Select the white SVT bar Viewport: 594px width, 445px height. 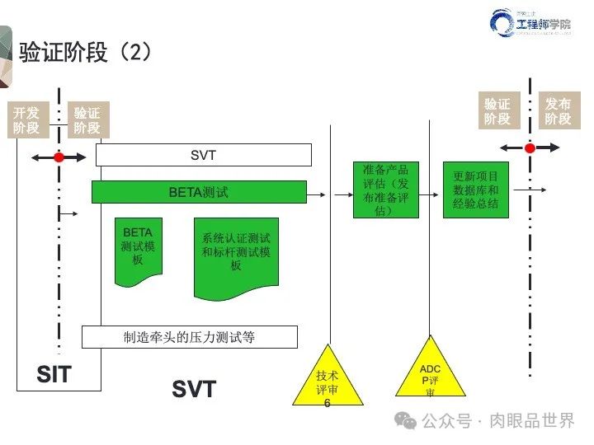[x=203, y=155]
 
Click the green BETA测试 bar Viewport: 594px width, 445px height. [x=199, y=193]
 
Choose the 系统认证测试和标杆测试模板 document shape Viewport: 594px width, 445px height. [x=236, y=255]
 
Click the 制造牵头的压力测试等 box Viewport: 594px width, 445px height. [x=189, y=336]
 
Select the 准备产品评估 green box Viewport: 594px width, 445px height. [x=385, y=190]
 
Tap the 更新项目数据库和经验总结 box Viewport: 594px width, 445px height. [x=476, y=190]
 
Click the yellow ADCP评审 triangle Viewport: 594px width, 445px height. [x=430, y=376]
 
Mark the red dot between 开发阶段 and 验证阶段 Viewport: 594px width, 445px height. [x=59, y=157]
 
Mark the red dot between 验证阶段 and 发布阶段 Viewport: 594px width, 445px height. [x=530, y=148]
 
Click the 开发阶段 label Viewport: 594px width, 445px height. [x=26, y=119]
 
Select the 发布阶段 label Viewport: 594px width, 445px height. [x=559, y=111]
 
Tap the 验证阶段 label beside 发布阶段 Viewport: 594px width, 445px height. [x=497, y=111]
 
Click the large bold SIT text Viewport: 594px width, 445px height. [x=54, y=376]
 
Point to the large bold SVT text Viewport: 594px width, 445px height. [x=194, y=389]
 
